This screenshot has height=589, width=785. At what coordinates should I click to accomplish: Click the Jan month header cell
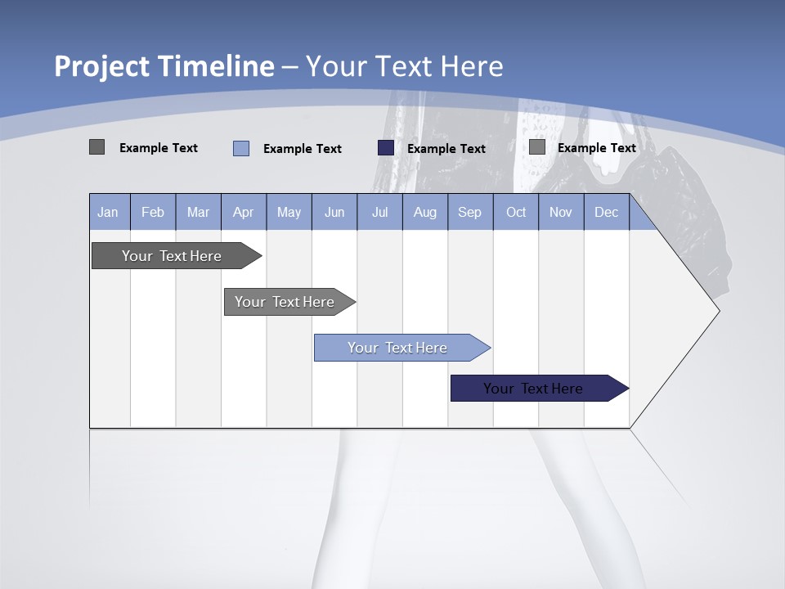coord(108,212)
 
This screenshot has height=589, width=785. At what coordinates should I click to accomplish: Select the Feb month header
coord(153,212)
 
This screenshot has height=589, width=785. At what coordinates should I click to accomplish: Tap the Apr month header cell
coord(243,212)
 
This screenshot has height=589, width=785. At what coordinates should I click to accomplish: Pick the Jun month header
coord(334,212)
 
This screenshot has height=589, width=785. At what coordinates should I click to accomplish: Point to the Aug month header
coord(424,212)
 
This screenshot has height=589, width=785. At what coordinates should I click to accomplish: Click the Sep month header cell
coord(469,212)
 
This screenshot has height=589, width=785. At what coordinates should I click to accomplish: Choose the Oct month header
coord(515,212)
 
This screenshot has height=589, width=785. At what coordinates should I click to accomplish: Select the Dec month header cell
coord(606,212)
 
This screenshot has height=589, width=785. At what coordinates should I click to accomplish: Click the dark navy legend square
coord(386,148)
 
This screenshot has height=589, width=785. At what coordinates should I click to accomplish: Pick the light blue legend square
coord(241,148)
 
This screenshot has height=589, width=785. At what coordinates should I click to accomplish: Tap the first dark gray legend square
coord(96,147)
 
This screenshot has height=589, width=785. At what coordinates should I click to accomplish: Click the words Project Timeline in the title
coord(164,66)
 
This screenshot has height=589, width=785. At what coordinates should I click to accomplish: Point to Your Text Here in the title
coord(404,66)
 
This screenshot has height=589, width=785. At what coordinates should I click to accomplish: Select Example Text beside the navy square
coord(446,149)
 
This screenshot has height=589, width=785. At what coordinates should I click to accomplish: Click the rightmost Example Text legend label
coord(596,148)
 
